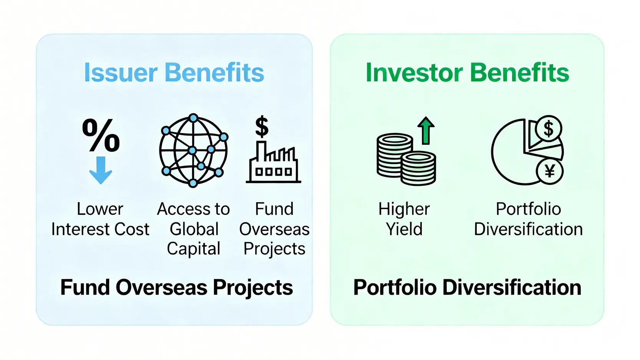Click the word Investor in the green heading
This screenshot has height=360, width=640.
point(414,73)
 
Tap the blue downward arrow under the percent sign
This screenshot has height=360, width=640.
point(101,170)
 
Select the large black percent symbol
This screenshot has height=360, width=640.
point(101,135)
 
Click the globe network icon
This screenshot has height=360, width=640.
point(194,151)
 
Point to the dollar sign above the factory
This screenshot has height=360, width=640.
point(262,126)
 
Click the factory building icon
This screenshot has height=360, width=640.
point(274,162)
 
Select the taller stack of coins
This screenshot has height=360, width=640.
point(395,154)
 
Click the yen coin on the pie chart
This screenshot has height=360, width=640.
point(549,171)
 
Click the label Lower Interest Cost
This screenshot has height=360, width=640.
point(100,219)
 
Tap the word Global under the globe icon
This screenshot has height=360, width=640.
point(194,229)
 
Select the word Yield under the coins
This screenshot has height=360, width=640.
point(404,229)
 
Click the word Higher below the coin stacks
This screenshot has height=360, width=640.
point(404,209)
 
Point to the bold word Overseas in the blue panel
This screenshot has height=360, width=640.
point(161,287)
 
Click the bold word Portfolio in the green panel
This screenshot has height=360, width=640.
point(395,287)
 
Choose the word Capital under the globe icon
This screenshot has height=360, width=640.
point(194,249)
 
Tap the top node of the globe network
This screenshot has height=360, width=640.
point(194,118)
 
